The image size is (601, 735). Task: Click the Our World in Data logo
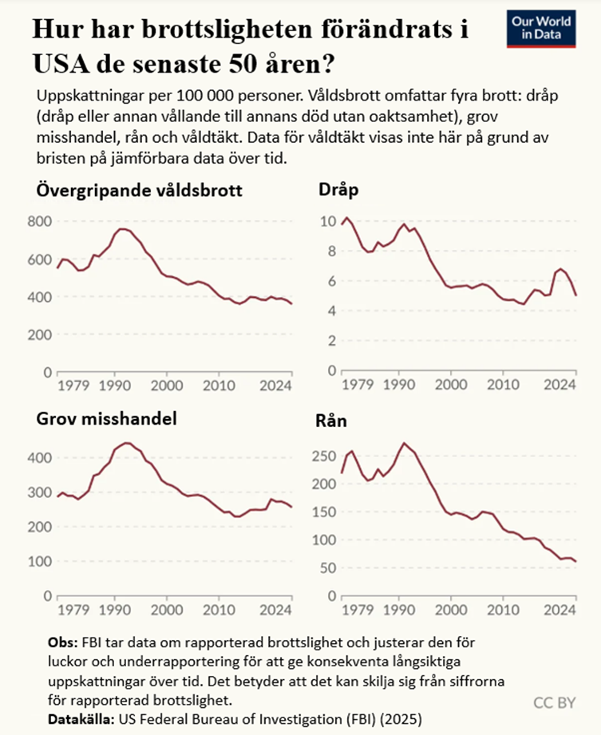[x=540, y=29]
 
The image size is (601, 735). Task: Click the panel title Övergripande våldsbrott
[x=139, y=192]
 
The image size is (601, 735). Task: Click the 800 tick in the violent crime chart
[x=39, y=222]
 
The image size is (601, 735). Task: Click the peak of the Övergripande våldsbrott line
[x=121, y=229]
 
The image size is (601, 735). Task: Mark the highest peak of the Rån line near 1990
[x=404, y=443]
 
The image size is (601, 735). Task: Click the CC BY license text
[x=554, y=701]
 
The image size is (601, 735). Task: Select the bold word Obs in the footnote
[x=61, y=642]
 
